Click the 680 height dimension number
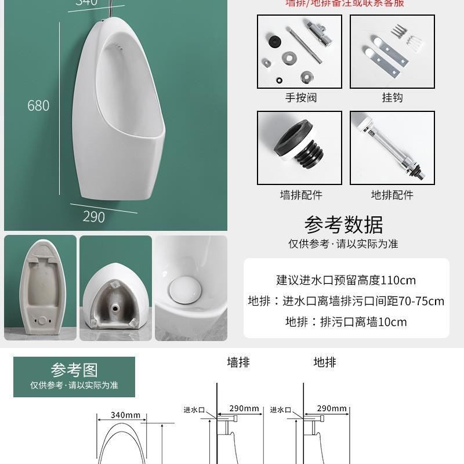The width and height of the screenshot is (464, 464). pyautogui.click(x=39, y=106)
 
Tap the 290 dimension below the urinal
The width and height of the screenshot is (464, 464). pyautogui.click(x=93, y=216)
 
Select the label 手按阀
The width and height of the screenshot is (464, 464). pyautogui.click(x=300, y=97)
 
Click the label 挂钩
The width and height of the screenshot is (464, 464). pyautogui.click(x=392, y=97)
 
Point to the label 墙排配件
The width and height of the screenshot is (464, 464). pyautogui.click(x=300, y=195)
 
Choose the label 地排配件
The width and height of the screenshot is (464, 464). pyautogui.click(x=392, y=195)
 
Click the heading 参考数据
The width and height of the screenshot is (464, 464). pyautogui.click(x=343, y=224)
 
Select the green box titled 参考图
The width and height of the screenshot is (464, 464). pyautogui.click(x=74, y=376)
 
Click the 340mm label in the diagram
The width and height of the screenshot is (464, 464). pyautogui.click(x=126, y=415)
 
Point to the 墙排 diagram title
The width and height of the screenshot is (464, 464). pyautogui.click(x=238, y=362)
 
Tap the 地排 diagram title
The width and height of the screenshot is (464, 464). pyautogui.click(x=325, y=362)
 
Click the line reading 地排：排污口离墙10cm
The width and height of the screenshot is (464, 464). pyautogui.click(x=347, y=322)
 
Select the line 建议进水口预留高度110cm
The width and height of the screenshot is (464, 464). pyautogui.click(x=346, y=280)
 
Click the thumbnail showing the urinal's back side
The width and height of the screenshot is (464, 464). pyautogui.click(x=40, y=288)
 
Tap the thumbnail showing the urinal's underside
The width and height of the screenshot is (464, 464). pyautogui.click(x=115, y=288)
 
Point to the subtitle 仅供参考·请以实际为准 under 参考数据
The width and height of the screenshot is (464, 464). pyautogui.click(x=343, y=244)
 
